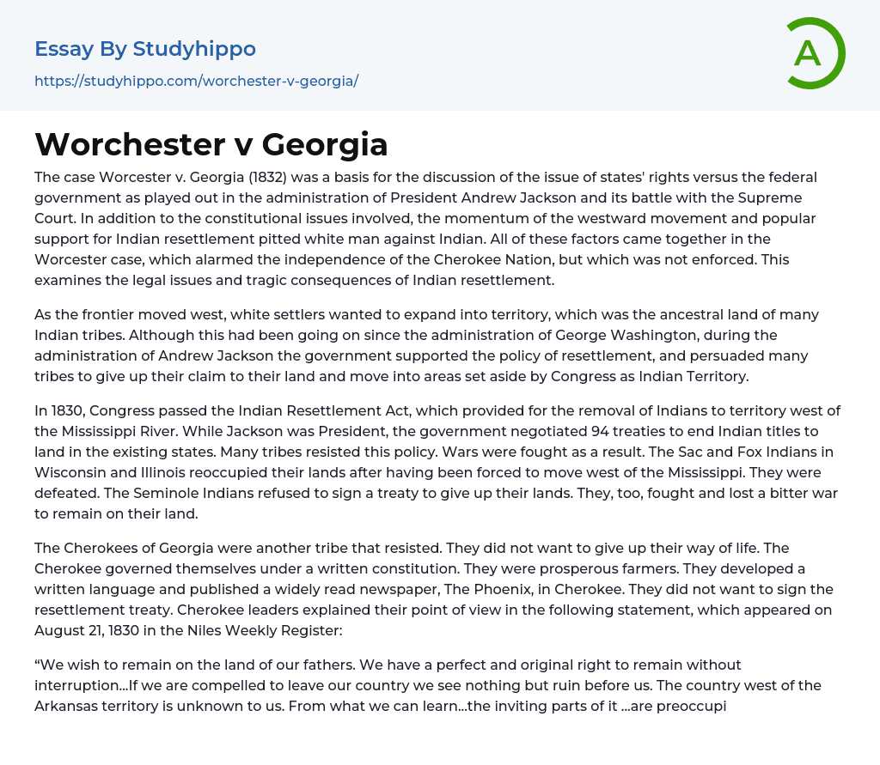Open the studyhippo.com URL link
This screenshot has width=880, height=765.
point(196,82)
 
